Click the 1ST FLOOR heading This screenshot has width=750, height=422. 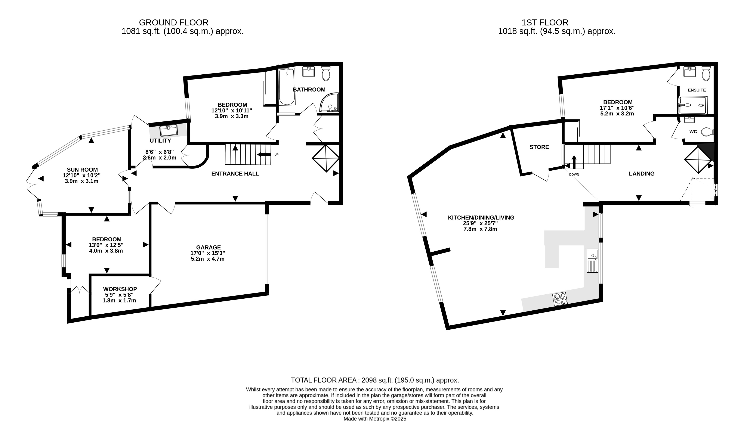point(545,22)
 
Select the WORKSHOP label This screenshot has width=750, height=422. point(120,289)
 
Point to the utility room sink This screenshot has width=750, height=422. point(169,130)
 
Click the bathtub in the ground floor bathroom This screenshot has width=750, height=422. point(287,87)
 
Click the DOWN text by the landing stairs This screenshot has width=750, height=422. point(574,175)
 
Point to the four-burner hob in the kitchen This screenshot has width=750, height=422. point(560,299)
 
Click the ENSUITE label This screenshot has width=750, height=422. point(697,90)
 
